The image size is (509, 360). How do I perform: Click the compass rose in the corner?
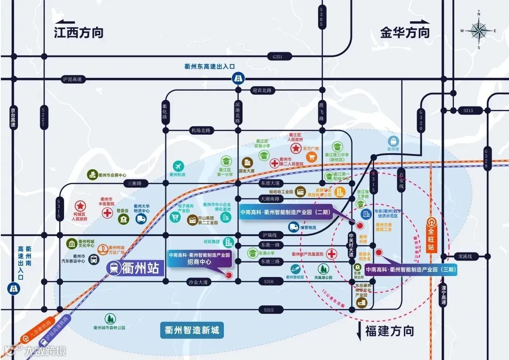pos(479,31)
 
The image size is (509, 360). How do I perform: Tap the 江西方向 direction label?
pos(78,33)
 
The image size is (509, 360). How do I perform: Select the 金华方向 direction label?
pos(405,33)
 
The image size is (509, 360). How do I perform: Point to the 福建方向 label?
pos(389,331)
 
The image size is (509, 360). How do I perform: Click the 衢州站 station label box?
pos(135,269)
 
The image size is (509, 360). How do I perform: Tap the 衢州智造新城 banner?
pos(191,330)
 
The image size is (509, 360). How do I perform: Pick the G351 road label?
pos(278,57)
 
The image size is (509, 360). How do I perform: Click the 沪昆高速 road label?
pos(72,79)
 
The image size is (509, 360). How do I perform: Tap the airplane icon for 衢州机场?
pos(178,166)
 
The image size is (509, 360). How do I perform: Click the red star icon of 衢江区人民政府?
pos(296,148)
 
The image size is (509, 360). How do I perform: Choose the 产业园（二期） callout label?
pos(285,212)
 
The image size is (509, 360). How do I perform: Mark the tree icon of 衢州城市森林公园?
pos(109,319)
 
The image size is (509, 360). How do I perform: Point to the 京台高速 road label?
pos(13,118)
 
